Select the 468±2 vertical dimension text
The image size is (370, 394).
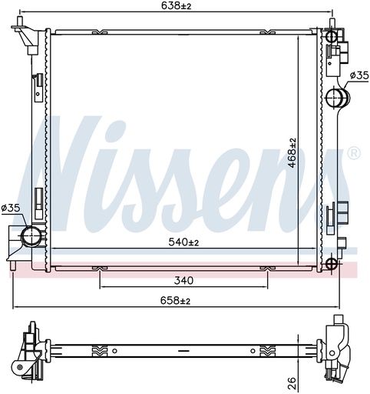[292, 153]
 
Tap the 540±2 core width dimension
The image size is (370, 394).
[183, 242]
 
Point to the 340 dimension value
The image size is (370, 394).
[183, 280]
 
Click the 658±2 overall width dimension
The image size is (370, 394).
[175, 300]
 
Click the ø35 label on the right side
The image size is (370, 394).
[359, 75]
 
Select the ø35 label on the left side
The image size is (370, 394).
[10, 208]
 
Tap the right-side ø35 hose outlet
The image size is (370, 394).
[338, 98]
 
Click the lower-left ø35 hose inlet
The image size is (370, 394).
[31, 235]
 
